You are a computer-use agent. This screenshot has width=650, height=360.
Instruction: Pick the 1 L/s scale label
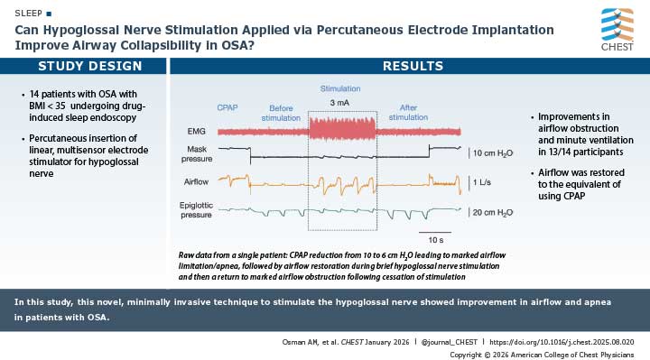tap(482, 181)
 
